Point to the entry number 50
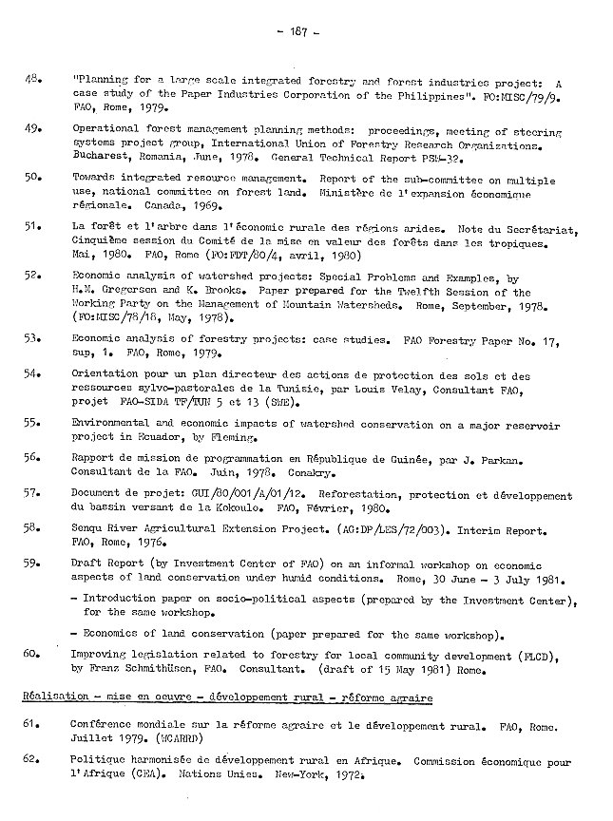click(x=30, y=177)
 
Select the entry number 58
click(x=30, y=525)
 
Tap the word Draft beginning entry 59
click(x=88, y=563)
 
